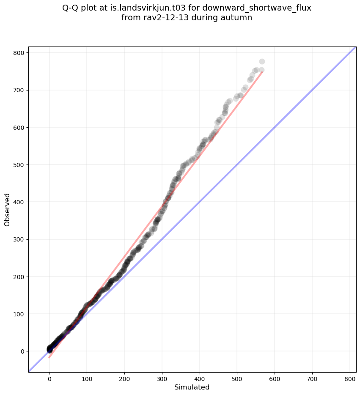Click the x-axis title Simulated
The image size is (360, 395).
(192, 387)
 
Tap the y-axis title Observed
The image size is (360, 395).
(7, 209)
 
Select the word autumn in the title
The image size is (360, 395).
(237, 18)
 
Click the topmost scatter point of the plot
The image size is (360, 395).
(262, 61)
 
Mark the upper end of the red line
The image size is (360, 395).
(262, 71)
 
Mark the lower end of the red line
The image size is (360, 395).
(49, 358)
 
